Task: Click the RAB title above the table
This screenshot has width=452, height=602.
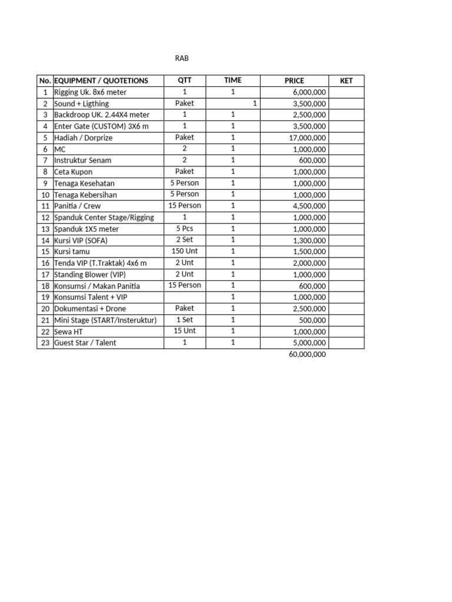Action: (182, 59)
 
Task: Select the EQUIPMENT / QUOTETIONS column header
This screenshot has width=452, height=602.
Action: (101, 81)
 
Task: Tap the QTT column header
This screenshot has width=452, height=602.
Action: (184, 81)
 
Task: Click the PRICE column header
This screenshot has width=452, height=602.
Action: (294, 81)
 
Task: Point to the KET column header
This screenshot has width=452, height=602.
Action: (346, 81)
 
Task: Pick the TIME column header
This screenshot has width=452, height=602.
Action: (232, 81)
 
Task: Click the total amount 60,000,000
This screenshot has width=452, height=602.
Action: (307, 354)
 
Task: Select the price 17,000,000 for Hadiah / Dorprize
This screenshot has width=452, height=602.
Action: (304, 138)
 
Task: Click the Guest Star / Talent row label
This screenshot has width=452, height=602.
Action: (85, 343)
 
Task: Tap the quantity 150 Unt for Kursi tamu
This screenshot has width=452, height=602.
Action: (184, 251)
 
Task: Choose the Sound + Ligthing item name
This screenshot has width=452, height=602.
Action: (81, 104)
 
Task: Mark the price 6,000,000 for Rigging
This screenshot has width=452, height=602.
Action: (309, 93)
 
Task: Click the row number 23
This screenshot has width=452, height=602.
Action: (45, 343)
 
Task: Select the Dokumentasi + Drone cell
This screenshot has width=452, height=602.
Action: (90, 309)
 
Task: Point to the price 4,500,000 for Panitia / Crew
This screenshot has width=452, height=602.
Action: (309, 206)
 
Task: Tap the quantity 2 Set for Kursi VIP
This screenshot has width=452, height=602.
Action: (184, 240)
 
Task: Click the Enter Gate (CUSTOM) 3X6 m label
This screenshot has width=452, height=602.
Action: (101, 126)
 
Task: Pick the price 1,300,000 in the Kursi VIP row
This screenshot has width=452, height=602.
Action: (309, 240)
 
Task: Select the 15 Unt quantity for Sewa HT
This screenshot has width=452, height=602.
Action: (184, 331)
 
